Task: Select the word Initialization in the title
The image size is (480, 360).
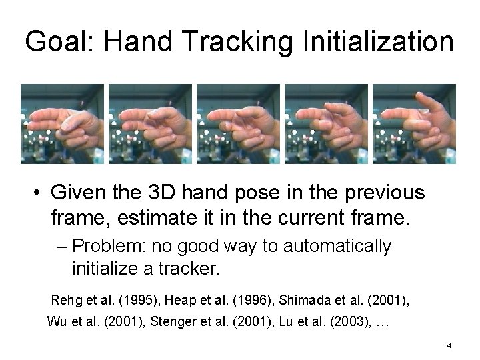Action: (x=377, y=42)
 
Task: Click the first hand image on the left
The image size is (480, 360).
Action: (x=63, y=124)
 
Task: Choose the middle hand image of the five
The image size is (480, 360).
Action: (x=238, y=124)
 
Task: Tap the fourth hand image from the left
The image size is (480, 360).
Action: (x=326, y=124)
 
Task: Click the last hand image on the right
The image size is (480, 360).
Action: (x=414, y=124)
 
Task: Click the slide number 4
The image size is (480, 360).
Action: (x=449, y=345)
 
